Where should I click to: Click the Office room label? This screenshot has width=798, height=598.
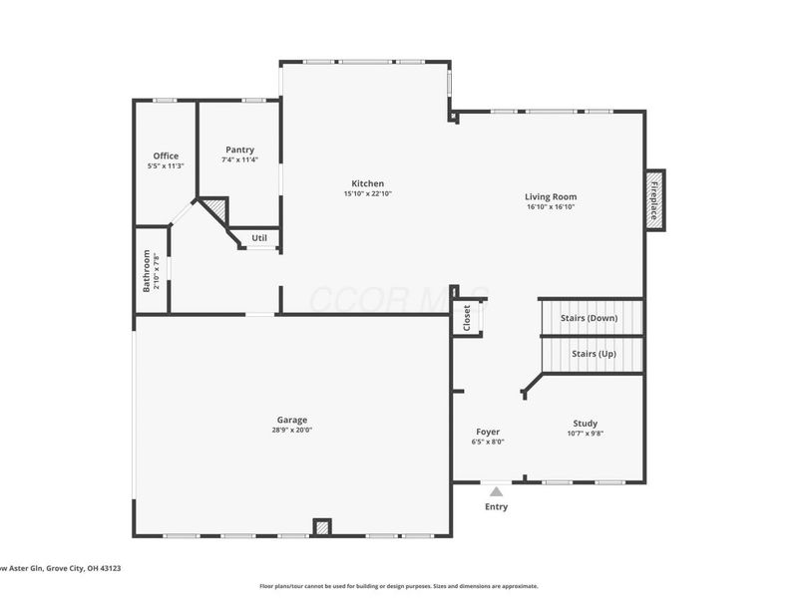[x=166, y=155]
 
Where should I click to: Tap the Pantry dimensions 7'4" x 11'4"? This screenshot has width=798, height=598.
[x=239, y=159]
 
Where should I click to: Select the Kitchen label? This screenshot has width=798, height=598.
[x=367, y=183]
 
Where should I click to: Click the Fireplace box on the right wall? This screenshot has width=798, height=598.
[x=654, y=200]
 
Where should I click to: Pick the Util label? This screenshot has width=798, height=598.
[x=259, y=238]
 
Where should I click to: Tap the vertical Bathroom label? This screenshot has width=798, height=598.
[x=147, y=271]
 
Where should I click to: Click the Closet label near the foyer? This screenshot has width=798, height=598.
[x=466, y=318]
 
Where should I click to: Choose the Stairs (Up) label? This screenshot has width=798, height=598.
[x=594, y=354]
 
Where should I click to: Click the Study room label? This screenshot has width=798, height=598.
[x=586, y=423]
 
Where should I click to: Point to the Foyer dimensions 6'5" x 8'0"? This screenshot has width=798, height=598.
[x=488, y=442]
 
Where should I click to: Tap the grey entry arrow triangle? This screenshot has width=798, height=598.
[x=496, y=490]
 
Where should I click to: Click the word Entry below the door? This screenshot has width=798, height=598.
[x=496, y=507]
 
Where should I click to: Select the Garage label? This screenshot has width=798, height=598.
[x=292, y=420]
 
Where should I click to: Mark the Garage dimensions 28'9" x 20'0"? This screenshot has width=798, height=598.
[x=292, y=431]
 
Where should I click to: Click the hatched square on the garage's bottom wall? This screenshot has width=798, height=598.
[x=322, y=527]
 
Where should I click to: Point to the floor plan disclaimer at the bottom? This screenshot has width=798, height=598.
[x=399, y=586]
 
